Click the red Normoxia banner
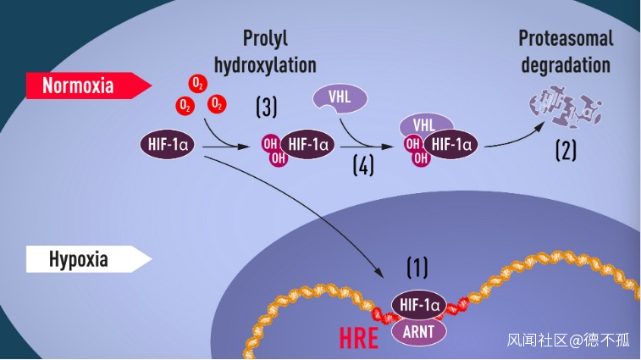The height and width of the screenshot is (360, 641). pos(89,86)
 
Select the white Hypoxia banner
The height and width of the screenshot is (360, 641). pos(89,259)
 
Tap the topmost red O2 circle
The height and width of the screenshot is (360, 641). pos(198,84)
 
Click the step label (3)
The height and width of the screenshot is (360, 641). pos(267,108)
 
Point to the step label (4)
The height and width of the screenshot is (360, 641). pos(363,166)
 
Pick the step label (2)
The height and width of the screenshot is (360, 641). pos(566,150)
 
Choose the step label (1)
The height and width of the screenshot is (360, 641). pos(417,267)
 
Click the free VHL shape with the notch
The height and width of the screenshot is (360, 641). pos(340,98)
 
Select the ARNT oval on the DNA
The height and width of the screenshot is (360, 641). pos(418,332)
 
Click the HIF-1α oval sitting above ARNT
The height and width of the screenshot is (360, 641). pos(419,305)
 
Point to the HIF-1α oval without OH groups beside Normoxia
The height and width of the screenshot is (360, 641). pos(168,144)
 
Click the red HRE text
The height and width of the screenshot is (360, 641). pos(359,338)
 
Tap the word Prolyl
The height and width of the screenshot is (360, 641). pos(265,38)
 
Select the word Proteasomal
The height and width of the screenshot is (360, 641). pos(566,38)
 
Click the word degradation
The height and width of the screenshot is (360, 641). pos(566,65)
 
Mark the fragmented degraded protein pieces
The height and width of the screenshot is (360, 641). pos(566,108)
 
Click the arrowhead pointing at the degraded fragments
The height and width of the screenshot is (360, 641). pos(540,126)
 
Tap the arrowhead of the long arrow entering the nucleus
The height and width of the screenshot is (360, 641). pos(379,274)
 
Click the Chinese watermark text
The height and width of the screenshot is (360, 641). pos(569,340)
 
